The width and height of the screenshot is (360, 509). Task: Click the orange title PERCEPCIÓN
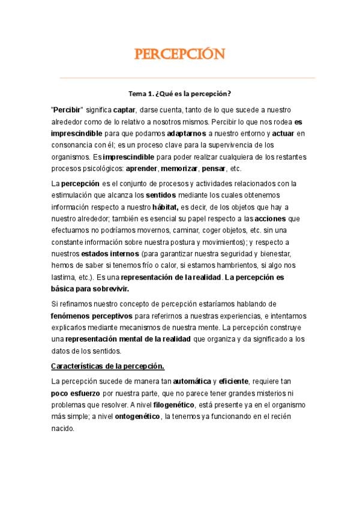[180, 55]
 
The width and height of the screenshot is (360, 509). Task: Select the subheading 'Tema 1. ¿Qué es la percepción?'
[180, 94]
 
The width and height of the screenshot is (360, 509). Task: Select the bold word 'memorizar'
[178, 169]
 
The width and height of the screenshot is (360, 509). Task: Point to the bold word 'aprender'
[141, 169]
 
